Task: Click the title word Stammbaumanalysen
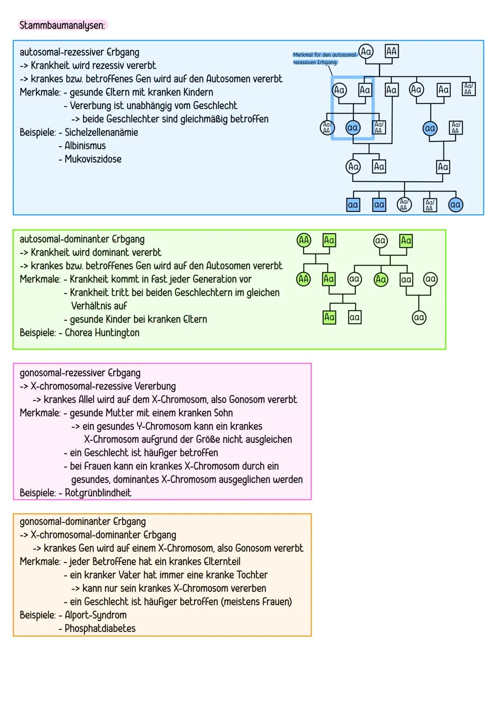coord(62,25)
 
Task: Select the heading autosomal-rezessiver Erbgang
coord(79,52)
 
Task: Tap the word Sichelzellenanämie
coord(101,132)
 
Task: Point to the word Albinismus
coord(85,146)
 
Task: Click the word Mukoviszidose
coord(93,159)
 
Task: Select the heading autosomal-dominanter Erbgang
coord(82,239)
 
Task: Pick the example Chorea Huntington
coord(102,333)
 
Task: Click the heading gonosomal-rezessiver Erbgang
coord(80,373)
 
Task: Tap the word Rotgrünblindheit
coord(98,493)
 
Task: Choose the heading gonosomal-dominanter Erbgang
coord(82,521)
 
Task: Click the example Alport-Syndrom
coord(95,615)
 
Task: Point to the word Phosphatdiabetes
coord(100,629)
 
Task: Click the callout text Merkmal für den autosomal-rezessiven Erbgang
coord(324,58)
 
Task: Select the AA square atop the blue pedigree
coord(391,51)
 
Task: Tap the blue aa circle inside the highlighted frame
coord(353,128)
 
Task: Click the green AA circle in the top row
coord(304,240)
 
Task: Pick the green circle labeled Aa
coord(381,279)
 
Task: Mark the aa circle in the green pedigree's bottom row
coord(419,318)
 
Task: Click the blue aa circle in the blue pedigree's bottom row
coord(455,205)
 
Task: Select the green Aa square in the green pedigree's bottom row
coord(329,318)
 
